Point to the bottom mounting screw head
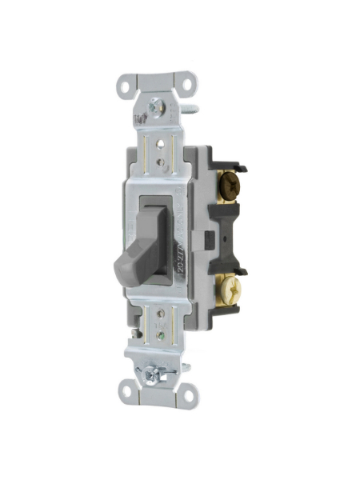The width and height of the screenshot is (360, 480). click(x=151, y=372)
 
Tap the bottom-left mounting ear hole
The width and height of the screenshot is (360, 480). click(x=128, y=391)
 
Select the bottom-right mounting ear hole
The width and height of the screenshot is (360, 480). click(x=190, y=391)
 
